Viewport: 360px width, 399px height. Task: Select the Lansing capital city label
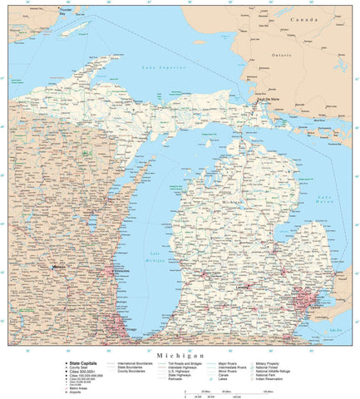pos(244,288)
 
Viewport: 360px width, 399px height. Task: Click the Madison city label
pos(57,267)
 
